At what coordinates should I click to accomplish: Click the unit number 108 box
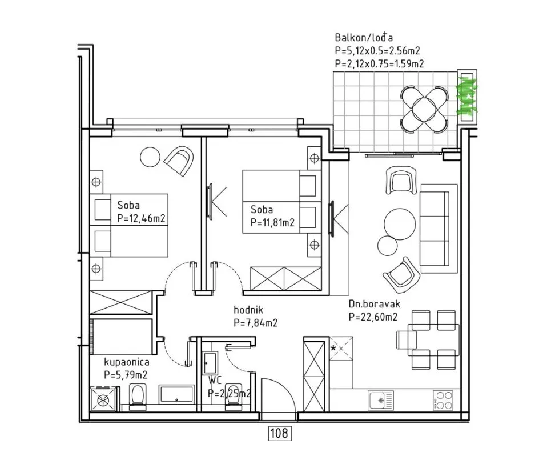[279, 433]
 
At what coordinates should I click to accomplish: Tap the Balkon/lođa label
[364, 38]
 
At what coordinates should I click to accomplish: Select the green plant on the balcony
[467, 96]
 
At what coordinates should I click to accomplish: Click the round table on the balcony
[425, 109]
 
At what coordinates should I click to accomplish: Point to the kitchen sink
[381, 401]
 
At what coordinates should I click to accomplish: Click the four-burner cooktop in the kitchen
[443, 401]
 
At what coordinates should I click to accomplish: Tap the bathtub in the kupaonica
[176, 394]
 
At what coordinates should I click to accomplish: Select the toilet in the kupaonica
[138, 398]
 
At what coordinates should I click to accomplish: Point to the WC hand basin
[210, 363]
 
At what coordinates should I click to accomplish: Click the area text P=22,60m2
[373, 317]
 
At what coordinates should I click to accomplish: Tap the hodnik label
[248, 310]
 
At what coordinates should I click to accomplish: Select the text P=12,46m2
[141, 218]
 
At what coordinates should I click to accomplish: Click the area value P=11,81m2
[272, 222]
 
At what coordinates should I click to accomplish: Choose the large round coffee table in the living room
[400, 225]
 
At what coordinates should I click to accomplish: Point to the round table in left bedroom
[150, 157]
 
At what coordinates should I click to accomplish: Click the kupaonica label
[127, 362]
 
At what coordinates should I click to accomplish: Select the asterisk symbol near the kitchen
[333, 348]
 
